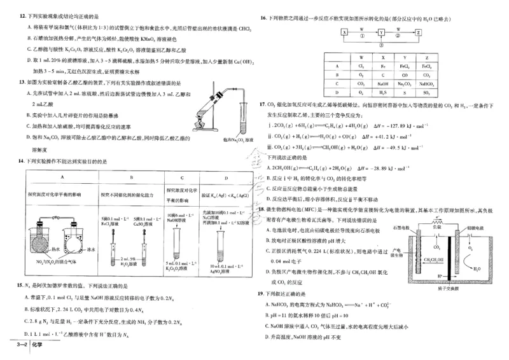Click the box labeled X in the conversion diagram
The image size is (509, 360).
tap(344, 31)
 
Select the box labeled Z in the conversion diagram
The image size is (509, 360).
tap(418, 31)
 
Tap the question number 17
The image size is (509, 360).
tap(261, 103)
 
